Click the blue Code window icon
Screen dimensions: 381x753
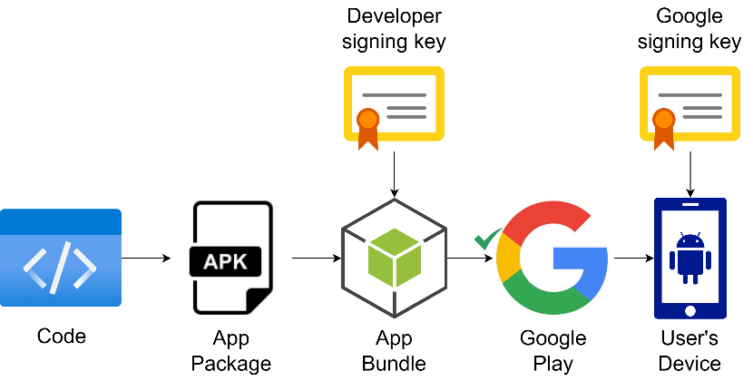click(x=61, y=259)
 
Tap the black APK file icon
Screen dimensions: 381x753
click(x=232, y=259)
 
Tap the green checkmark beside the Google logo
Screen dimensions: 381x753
click(x=487, y=239)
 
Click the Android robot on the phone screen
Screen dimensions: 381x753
click(x=690, y=255)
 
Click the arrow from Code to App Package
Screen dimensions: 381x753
click(x=146, y=259)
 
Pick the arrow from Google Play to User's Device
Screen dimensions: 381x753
click(x=632, y=259)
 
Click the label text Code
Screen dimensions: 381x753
click(x=62, y=337)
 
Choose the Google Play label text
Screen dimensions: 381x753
click(x=553, y=351)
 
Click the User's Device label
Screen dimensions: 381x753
click(x=691, y=351)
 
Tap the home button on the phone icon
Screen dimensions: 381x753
click(x=691, y=310)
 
